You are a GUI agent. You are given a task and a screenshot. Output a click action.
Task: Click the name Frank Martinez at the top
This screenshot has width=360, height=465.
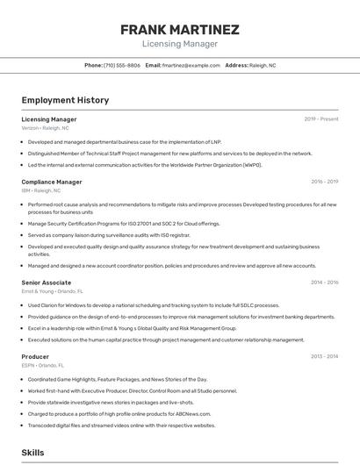(179, 30)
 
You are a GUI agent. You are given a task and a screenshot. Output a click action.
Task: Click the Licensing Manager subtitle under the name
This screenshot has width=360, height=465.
(179, 44)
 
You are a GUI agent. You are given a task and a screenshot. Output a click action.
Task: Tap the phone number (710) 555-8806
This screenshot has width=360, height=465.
(122, 65)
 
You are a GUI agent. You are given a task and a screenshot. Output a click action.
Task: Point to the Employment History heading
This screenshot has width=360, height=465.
(65, 100)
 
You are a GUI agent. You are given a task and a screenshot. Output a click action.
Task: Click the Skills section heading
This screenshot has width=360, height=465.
(32, 453)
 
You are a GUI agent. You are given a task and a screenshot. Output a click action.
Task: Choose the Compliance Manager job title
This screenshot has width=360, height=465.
(52, 182)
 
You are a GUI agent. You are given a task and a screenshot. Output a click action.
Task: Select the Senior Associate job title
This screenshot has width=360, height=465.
(47, 283)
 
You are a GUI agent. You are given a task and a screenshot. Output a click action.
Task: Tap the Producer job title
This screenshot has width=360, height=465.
(35, 357)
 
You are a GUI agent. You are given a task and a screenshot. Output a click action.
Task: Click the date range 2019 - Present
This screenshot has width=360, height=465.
(320, 118)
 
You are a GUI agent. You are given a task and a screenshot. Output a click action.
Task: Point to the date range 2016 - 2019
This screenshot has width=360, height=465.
(324, 182)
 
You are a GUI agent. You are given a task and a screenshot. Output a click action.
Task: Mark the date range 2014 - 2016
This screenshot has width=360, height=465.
(324, 283)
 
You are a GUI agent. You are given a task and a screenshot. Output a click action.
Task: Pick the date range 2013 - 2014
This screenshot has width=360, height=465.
(324, 357)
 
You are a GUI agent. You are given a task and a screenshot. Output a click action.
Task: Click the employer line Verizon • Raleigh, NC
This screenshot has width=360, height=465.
(45, 127)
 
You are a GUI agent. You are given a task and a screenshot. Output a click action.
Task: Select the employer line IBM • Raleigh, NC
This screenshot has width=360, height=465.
(41, 190)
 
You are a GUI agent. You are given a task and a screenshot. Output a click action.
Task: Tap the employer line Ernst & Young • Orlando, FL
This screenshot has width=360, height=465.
(53, 291)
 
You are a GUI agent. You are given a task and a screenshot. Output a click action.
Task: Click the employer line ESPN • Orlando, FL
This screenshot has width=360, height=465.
(44, 366)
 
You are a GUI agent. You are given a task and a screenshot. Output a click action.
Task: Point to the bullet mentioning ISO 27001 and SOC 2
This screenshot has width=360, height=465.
(123, 224)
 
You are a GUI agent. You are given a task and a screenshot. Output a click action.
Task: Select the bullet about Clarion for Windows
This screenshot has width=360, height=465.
(140, 305)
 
